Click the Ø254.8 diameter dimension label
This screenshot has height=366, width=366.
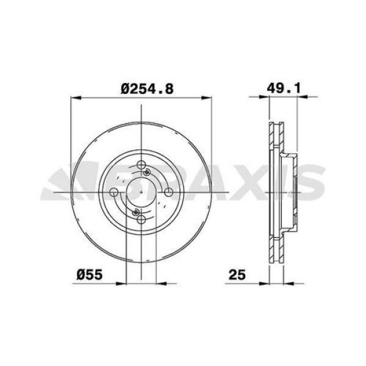click(148, 89)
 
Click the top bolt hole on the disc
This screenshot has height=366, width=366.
click(142, 166)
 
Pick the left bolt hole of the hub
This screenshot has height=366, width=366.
click(113, 193)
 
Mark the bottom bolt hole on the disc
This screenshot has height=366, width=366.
click(142, 220)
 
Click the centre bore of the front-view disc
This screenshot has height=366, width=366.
click(141, 193)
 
